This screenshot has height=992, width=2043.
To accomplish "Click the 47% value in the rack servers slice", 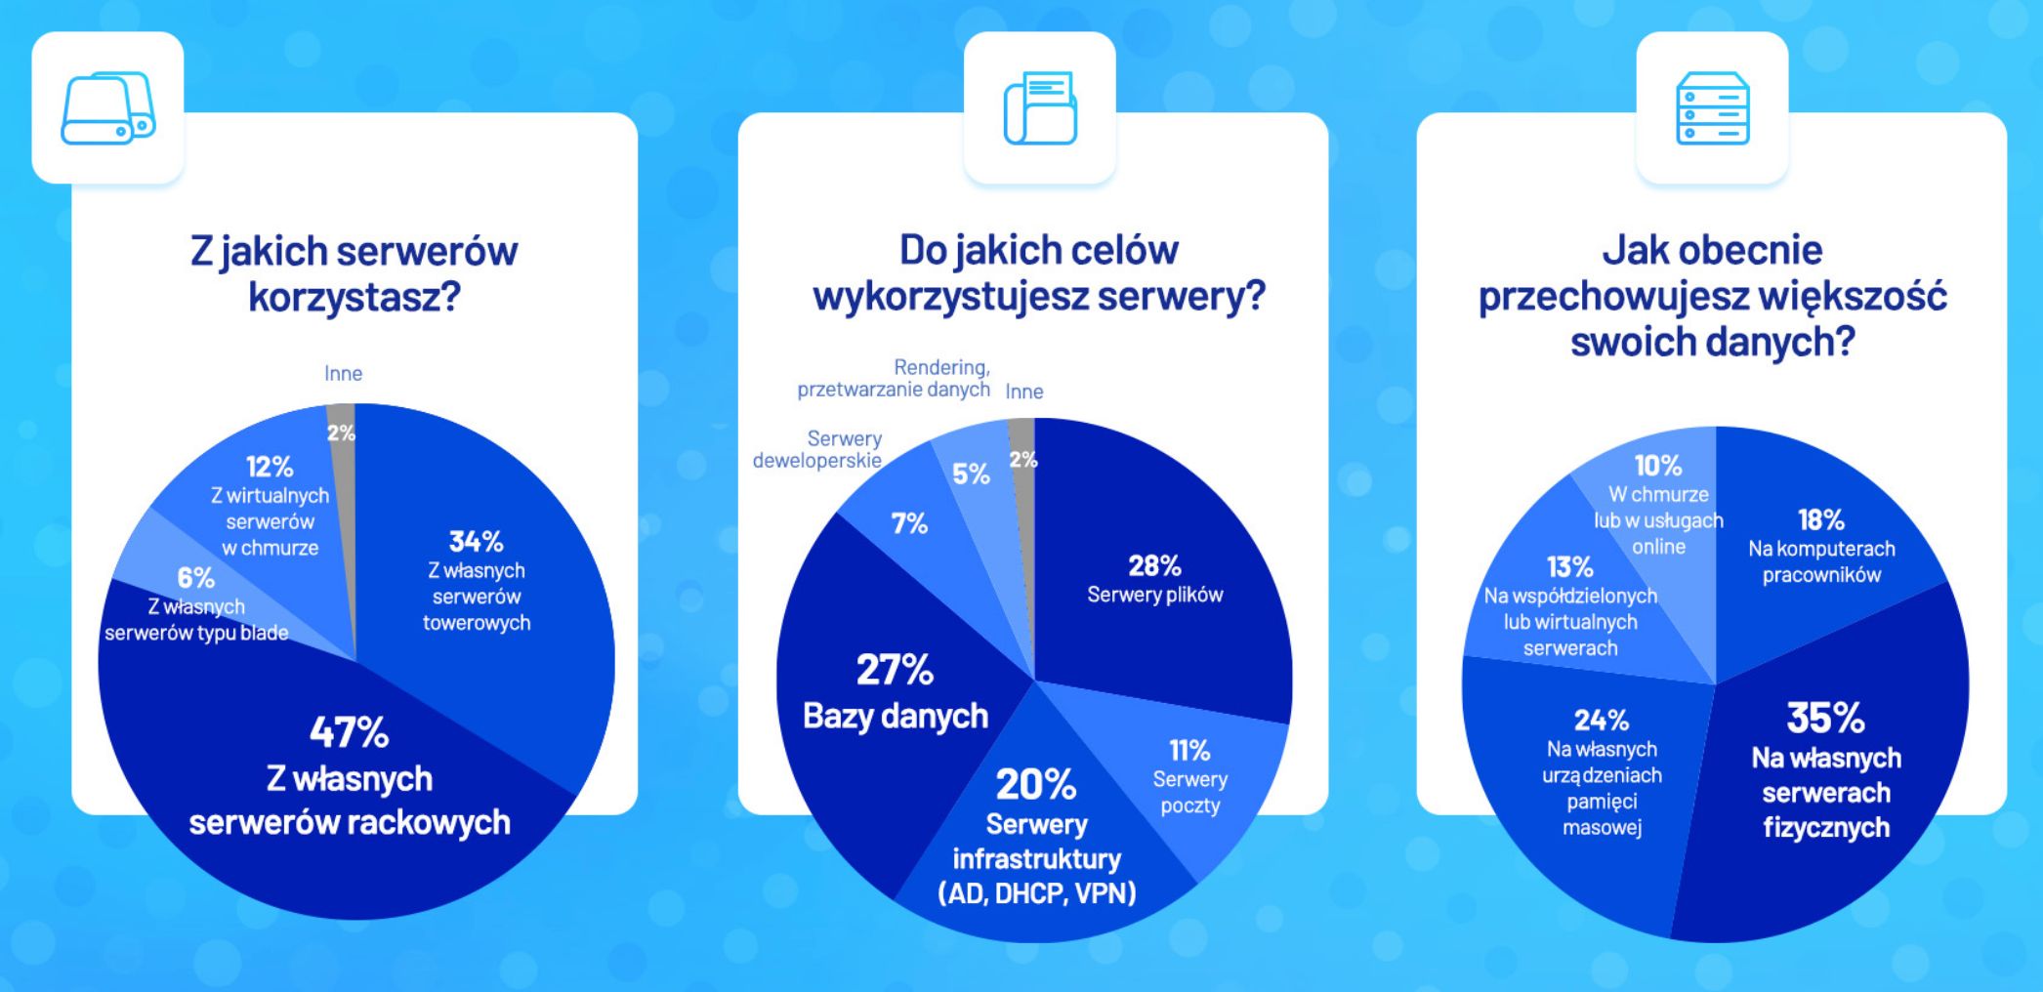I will click(x=349, y=732).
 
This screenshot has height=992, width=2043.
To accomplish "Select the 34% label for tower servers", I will click(x=476, y=541).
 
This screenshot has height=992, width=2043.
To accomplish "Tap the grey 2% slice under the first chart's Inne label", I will click(x=341, y=433).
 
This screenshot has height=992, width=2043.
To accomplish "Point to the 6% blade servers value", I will click(x=195, y=578).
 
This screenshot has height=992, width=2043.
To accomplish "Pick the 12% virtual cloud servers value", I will click(x=270, y=467).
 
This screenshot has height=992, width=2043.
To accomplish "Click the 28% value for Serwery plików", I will click(x=1154, y=565).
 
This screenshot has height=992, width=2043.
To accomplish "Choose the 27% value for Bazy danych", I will click(x=895, y=671).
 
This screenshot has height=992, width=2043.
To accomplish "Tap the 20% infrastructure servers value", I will click(x=1036, y=784).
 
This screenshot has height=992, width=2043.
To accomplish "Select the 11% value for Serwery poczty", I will click(x=1189, y=750).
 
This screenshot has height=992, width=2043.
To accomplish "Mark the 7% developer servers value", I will click(x=909, y=524).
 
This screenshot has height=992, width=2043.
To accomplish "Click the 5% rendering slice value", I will click(x=971, y=475).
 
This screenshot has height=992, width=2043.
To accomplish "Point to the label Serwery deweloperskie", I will click(x=817, y=449).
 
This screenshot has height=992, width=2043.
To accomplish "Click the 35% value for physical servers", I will click(x=1825, y=718).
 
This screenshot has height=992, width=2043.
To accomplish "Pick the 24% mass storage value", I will click(x=1602, y=721).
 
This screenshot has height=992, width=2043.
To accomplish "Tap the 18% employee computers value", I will click(x=1821, y=519).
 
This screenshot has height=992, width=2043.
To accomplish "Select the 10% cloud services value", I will click(x=1658, y=466).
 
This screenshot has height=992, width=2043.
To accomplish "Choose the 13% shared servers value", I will click(x=1569, y=566).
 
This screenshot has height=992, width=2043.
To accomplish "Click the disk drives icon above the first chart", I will click(x=107, y=107).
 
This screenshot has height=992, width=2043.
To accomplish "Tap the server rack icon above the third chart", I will click(x=1712, y=107).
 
